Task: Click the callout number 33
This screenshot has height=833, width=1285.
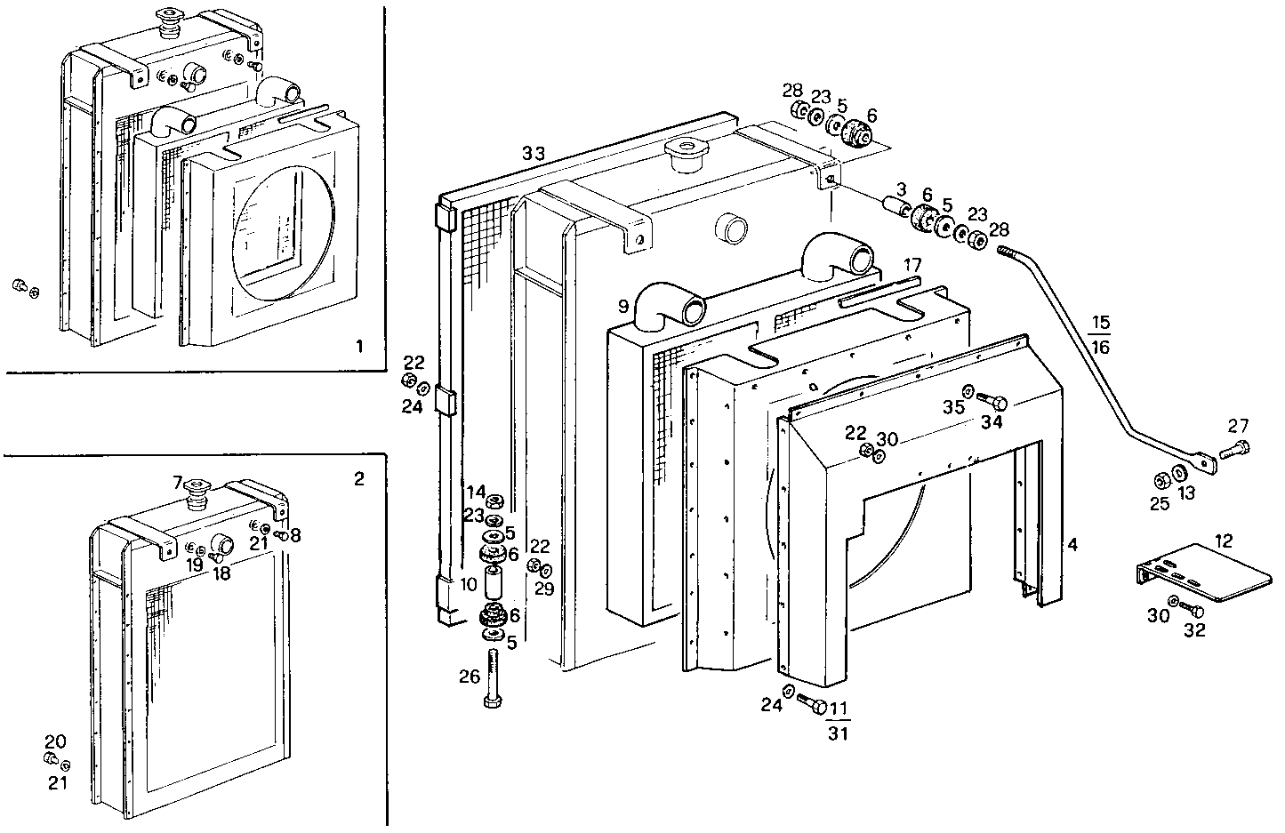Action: [x=533, y=154]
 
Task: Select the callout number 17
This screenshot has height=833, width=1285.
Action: [x=912, y=266]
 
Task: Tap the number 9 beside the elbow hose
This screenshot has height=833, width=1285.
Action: [x=623, y=307]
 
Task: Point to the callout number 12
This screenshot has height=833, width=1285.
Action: [x=1224, y=541]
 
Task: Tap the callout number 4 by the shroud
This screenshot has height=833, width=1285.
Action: [x=1073, y=544]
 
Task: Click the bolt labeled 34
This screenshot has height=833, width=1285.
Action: [x=992, y=403]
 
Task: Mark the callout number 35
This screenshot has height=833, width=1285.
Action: [x=954, y=408]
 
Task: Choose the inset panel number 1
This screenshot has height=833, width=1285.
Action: [x=358, y=347]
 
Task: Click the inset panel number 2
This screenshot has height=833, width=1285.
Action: [x=358, y=479]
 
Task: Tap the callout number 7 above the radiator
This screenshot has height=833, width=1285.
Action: [x=178, y=483]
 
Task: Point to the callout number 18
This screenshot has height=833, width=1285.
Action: [x=221, y=574]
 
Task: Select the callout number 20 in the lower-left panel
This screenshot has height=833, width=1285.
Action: [x=55, y=741]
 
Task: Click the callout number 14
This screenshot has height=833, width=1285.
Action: [x=476, y=492]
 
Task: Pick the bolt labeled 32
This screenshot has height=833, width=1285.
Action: [x=1194, y=612]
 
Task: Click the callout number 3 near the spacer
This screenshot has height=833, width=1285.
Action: [x=901, y=189]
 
